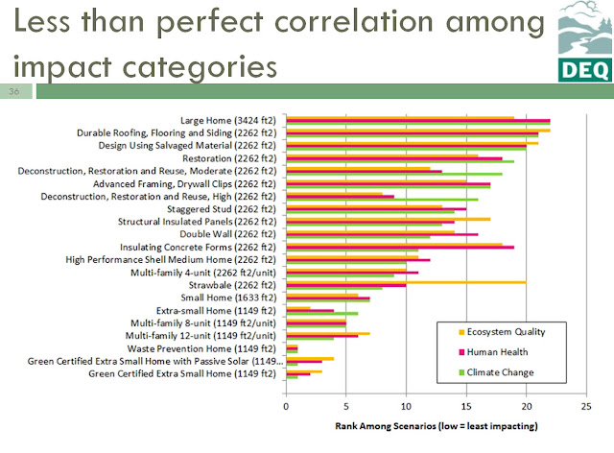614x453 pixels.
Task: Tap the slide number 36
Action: [14, 92]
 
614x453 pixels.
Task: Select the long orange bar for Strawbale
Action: [406, 282]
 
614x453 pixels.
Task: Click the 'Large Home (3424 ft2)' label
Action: [227, 120]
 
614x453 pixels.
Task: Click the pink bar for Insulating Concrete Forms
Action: [400, 247]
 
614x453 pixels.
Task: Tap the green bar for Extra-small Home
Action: [321, 314]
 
